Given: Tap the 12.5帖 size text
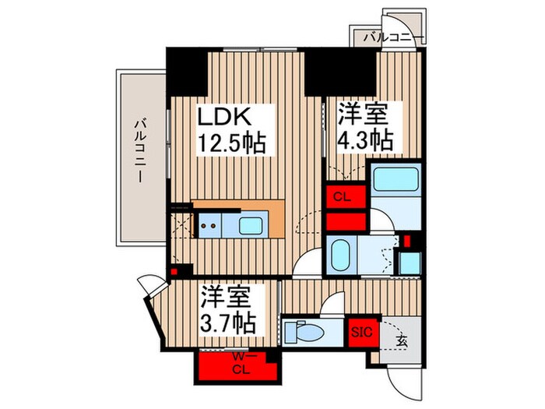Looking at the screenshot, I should pos(231,143).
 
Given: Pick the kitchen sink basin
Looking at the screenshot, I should pos(251,227).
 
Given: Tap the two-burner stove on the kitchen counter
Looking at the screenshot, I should pos(209,227).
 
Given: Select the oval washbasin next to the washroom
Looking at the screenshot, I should pos(342,253).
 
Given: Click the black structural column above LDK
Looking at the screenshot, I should pos(187,69).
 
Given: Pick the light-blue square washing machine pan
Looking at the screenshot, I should pos(410,262).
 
